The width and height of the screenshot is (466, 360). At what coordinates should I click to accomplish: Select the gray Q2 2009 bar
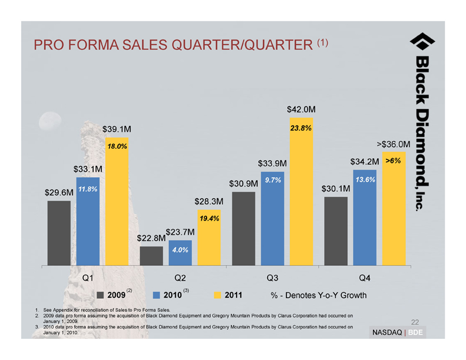coord(151,256)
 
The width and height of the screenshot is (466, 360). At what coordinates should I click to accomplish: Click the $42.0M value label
coord(301,109)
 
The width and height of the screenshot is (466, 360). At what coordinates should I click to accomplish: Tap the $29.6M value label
coord(59,192)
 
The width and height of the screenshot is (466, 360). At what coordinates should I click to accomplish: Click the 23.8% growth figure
coord(301,128)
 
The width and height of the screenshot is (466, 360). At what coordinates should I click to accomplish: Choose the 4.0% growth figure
coord(180,250)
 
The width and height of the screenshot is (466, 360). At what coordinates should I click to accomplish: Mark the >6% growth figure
coord(392,161)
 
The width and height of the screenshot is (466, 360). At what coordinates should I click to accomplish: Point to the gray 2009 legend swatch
coord(101,295)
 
